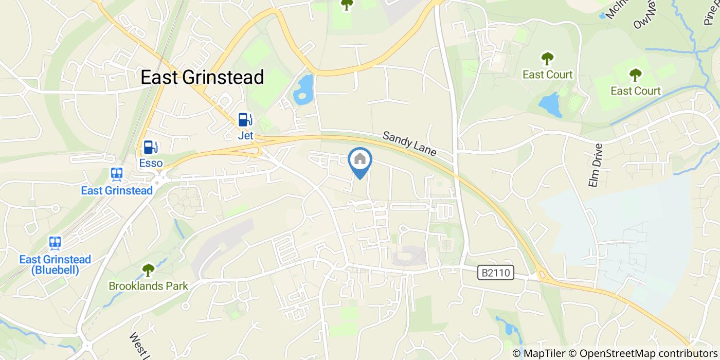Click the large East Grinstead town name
point(202,77)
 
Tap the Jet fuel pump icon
point(245,120)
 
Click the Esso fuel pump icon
point(150,148)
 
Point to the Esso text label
point(151,164)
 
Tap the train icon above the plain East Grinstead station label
point(117,174)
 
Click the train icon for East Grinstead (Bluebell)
point(55,243)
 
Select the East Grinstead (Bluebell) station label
point(55,264)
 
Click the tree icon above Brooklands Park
point(148,269)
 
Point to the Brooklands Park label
point(148,286)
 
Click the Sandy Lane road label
point(409,143)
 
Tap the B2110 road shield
point(496,273)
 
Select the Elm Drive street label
point(596,165)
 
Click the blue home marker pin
point(360,160)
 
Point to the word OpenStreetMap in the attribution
point(612,353)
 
